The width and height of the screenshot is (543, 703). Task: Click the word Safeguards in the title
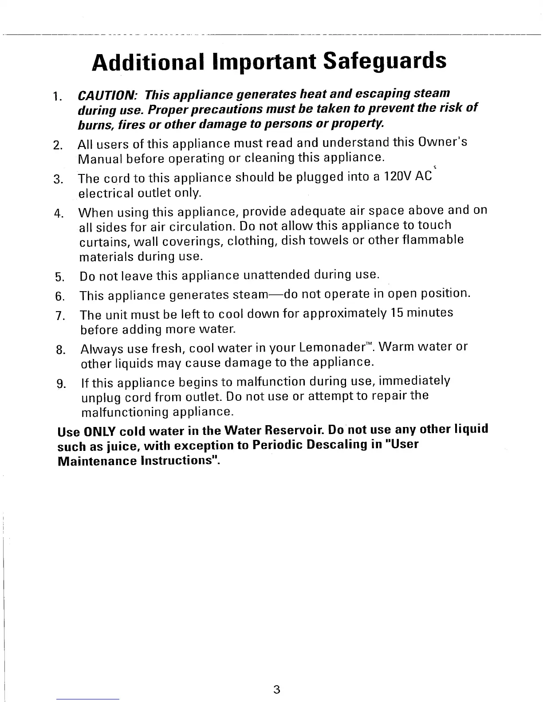point(384,61)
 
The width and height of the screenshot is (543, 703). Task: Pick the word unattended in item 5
point(277,276)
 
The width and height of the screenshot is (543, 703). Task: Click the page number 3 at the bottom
point(276,690)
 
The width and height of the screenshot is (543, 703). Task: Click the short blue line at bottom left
point(88,699)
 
